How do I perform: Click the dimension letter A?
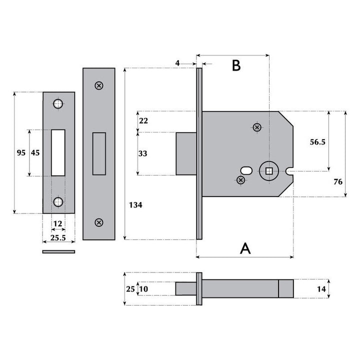pos(245,248)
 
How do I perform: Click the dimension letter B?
pos(236,65)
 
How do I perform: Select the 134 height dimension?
pos(135,205)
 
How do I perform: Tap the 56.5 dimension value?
pos(317,142)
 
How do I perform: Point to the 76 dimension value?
pos(338,181)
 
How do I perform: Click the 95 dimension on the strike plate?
pos(20,153)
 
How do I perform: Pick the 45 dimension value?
pos(35,153)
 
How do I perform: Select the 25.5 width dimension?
pos(58,237)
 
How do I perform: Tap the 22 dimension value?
pos(143,121)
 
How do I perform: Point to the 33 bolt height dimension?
pos(143,154)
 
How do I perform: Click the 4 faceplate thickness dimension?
pos(177,63)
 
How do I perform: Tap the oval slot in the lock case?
pos(247,169)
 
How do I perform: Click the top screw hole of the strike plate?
pos(58,104)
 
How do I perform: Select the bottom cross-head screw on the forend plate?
pos(99,221)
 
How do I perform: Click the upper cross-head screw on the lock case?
pos(257,127)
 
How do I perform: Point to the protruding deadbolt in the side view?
pos(185,153)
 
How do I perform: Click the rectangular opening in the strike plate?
pos(58,152)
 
